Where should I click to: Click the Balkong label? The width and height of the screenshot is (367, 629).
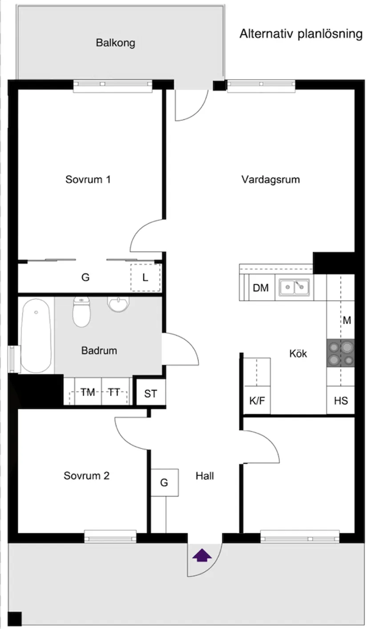115,43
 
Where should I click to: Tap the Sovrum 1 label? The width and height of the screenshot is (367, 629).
88,180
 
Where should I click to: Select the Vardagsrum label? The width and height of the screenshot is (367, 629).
270,180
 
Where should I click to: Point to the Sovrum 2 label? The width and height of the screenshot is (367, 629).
86,476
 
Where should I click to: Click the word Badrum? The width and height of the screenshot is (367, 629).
99,351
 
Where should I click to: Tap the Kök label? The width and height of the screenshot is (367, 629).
298,354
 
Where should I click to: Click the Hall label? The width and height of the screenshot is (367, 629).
205,476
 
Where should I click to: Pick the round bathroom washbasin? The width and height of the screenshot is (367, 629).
118,304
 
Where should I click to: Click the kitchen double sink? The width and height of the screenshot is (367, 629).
294,287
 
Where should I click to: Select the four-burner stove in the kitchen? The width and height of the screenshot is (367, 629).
340,353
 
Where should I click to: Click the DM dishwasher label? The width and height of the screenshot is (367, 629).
261,288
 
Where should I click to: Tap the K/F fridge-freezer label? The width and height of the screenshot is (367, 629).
257,400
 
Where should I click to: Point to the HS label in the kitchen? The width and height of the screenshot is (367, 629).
341,400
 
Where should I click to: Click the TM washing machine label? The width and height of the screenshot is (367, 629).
88,392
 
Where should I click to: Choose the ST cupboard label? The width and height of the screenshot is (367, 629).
151,394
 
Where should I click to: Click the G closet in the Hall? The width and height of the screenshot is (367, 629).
164,482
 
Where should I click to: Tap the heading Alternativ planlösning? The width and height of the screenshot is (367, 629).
301,34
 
